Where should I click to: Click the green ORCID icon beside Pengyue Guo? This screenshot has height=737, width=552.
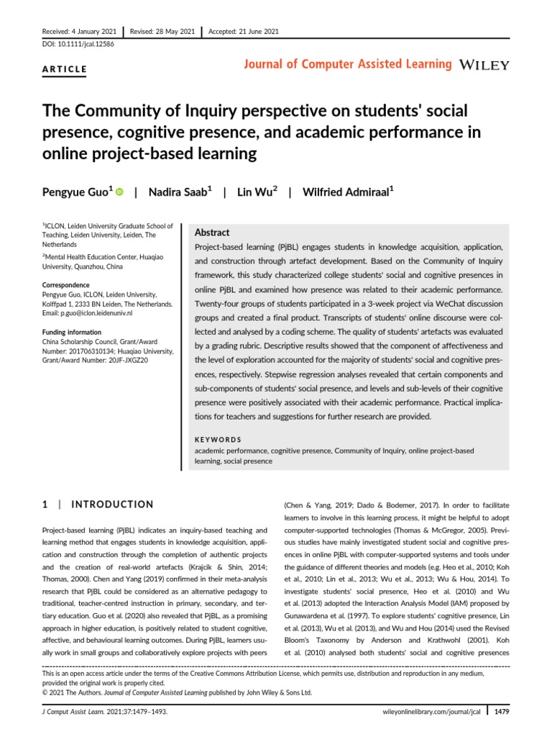pyautogui.click(x=119, y=191)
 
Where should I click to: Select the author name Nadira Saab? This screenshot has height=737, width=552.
pyautogui.click(x=176, y=191)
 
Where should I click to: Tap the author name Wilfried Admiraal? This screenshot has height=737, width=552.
pyautogui.click(x=345, y=191)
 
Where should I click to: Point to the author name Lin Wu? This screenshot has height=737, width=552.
pyautogui.click(x=254, y=191)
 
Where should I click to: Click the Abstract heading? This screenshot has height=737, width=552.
pyautogui.click(x=212, y=233)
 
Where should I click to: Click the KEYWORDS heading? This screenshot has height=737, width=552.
pyautogui.click(x=218, y=440)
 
